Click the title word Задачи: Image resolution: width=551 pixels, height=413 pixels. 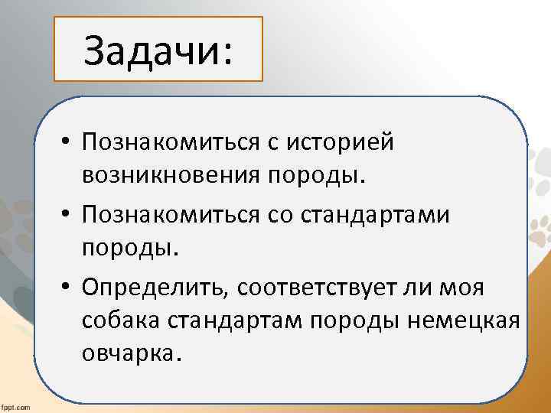click(x=158, y=50)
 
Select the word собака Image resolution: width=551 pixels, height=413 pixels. click(x=123, y=322)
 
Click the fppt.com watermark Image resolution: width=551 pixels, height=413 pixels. click(x=15, y=407)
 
